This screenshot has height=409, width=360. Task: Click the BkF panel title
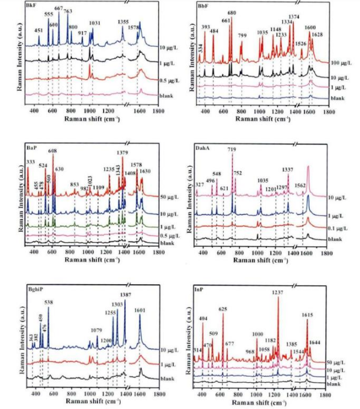pyautogui.click(x=29, y=5)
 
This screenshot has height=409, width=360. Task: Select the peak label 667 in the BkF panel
pyautogui.click(x=59, y=8)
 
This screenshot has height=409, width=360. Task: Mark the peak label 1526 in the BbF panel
pyautogui.click(x=301, y=44)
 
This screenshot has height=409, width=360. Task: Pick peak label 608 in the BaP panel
pyautogui.click(x=53, y=151)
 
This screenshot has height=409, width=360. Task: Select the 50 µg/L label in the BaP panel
pyautogui.click(x=167, y=196)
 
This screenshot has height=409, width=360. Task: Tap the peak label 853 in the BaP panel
pyautogui.click(x=74, y=185)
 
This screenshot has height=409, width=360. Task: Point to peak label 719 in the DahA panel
pyautogui.click(x=232, y=151)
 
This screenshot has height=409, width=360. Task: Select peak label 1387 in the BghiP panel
pyautogui.click(x=125, y=294)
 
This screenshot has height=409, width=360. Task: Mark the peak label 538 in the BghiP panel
pyautogui.click(x=49, y=302)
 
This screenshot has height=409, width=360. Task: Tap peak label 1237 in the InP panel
pyautogui.click(x=277, y=293)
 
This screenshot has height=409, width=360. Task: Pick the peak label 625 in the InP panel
pyautogui.click(x=222, y=309)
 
